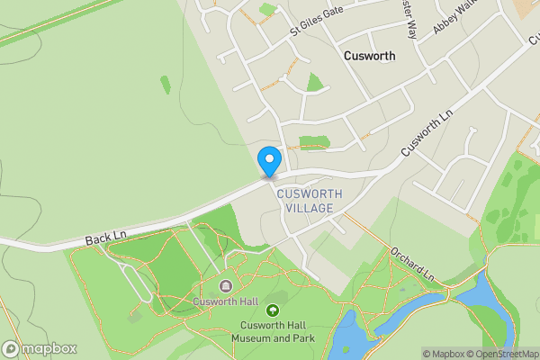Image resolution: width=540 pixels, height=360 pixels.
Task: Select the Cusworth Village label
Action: pos(304,201)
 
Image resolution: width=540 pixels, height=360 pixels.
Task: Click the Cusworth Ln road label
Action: pos(425,132)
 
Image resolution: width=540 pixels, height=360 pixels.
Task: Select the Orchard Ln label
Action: pos(414,262)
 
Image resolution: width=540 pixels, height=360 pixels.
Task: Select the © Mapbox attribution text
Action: pos(442,354)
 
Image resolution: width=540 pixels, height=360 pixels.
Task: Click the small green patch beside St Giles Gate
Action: pos(267,10)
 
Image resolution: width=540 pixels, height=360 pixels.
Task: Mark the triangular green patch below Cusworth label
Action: pos(314,83)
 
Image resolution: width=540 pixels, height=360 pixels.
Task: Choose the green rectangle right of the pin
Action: pos(313,142)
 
